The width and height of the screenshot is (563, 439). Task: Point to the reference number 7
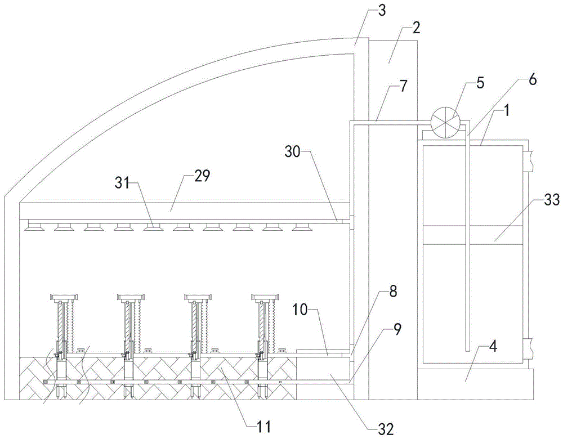tap(403, 86)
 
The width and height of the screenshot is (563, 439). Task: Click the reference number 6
tap(532, 79)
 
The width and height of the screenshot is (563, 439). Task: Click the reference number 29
tap(202, 176)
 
